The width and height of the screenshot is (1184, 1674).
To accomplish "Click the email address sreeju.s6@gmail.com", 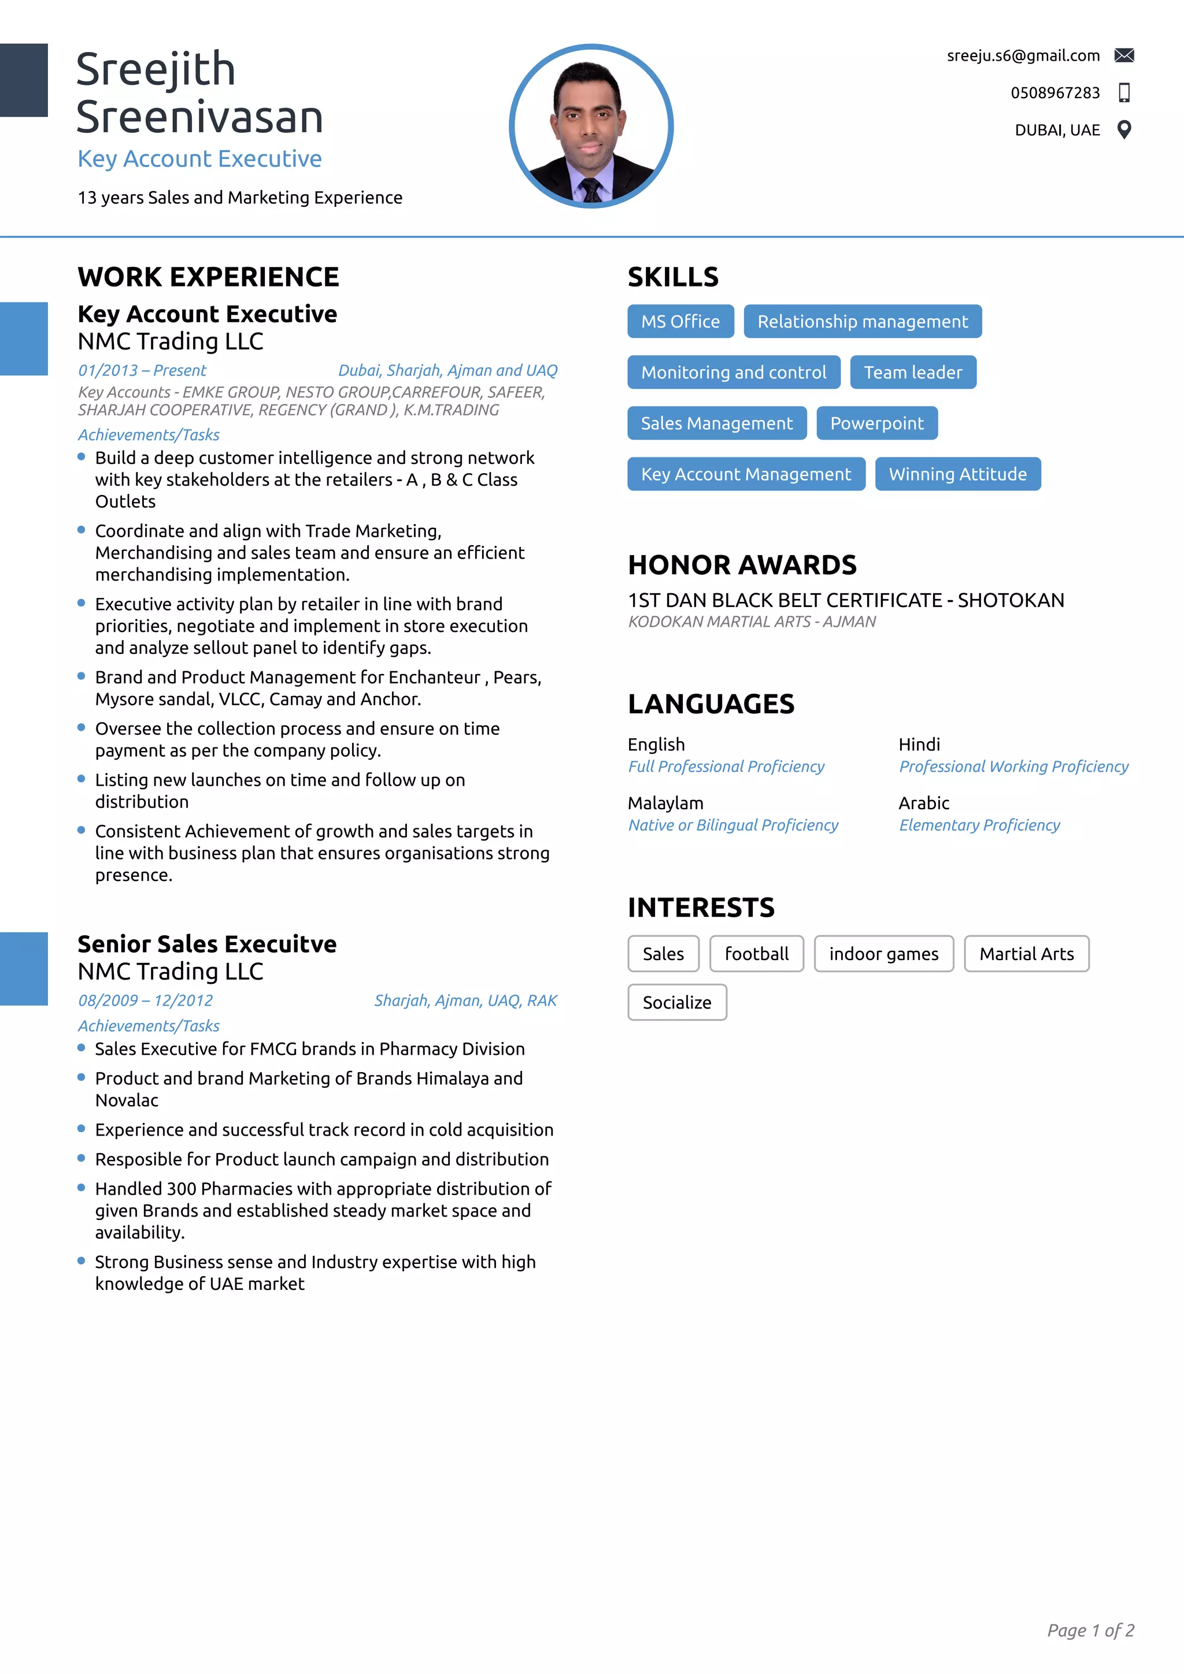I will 1023,56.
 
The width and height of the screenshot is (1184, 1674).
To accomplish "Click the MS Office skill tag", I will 680,322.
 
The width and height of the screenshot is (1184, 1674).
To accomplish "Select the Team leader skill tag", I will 913,373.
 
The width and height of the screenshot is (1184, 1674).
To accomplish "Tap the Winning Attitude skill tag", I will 957,475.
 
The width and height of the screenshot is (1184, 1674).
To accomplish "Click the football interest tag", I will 757,954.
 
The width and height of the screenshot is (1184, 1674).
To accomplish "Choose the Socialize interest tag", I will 676,1003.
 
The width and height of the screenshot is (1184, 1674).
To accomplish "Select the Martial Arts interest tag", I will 1026,954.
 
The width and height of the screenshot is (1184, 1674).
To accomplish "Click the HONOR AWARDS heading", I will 742,565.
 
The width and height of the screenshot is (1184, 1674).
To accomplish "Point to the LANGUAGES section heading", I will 711,704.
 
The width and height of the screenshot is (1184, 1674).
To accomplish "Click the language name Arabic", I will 924,803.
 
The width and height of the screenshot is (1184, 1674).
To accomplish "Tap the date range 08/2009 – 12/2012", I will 145,1001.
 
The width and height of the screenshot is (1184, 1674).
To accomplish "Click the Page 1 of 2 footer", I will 1090,1630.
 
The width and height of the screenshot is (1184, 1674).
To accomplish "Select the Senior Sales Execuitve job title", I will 207,944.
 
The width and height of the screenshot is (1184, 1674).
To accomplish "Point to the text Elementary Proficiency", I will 979,825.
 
